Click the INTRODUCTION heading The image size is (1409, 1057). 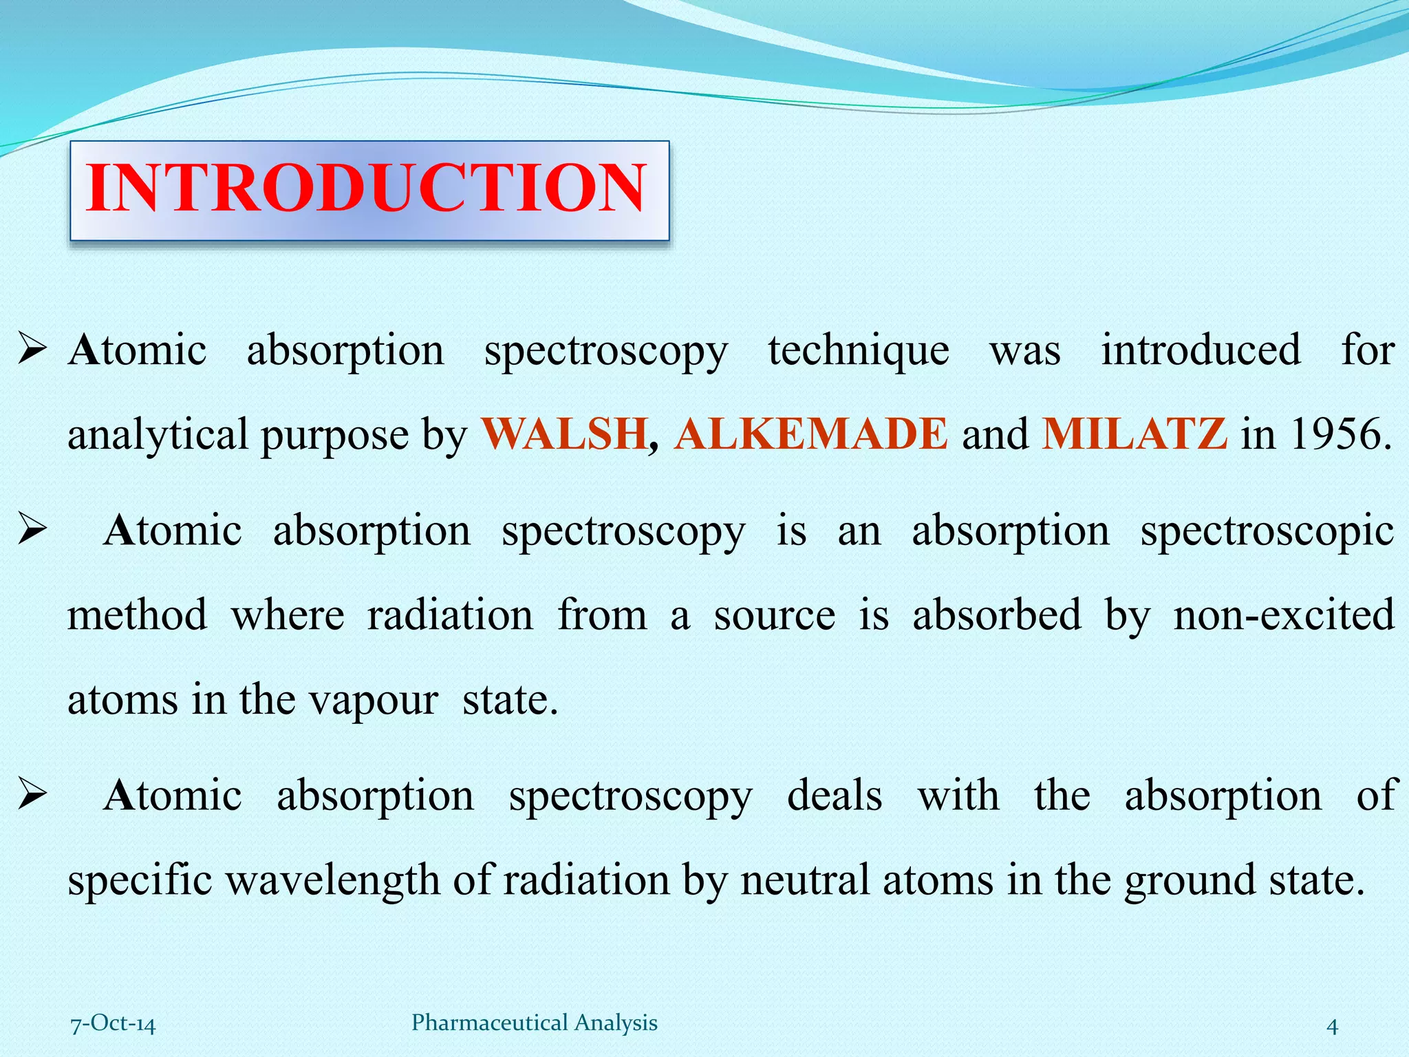tap(367, 189)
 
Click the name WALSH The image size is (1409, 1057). tap(564, 434)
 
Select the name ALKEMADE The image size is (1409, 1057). tap(811, 434)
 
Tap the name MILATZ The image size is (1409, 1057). tap(1134, 434)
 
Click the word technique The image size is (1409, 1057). tap(859, 351)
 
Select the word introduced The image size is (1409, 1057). tap(1201, 350)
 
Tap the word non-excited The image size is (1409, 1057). tap(1284, 615)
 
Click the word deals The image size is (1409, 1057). tap(835, 796)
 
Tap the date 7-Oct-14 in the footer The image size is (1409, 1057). tap(114, 1023)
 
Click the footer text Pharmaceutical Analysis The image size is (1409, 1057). tap(534, 1023)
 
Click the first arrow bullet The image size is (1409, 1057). tap(32, 350)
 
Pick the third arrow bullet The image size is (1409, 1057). tap(32, 796)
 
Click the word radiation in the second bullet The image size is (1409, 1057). tap(450, 615)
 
